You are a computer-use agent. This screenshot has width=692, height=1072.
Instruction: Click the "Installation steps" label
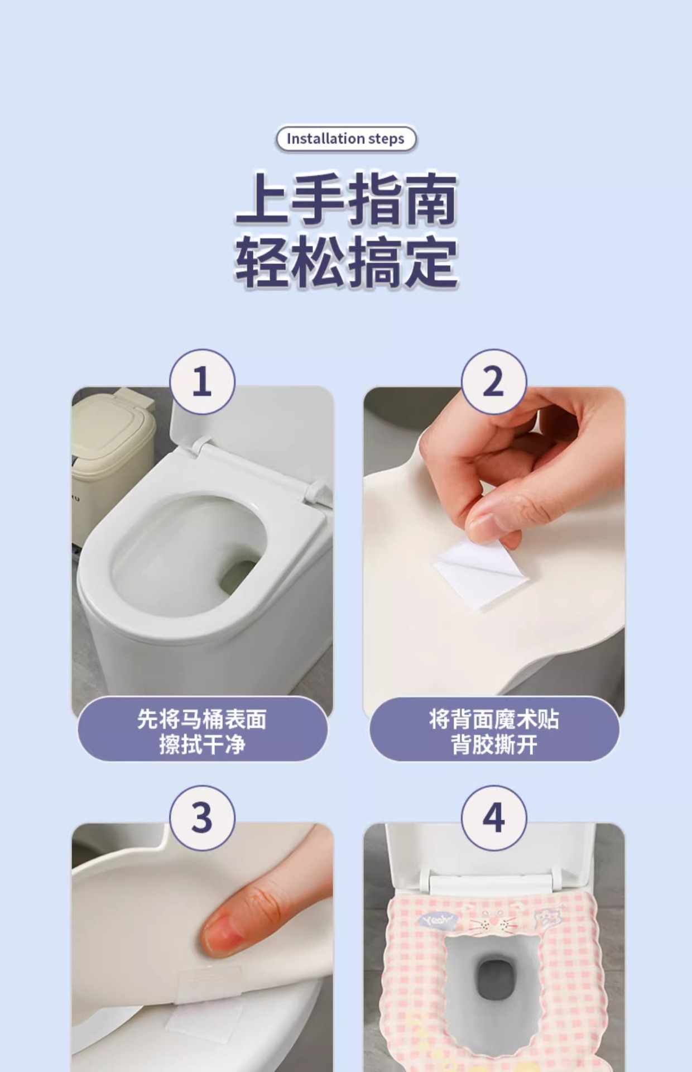click(x=346, y=138)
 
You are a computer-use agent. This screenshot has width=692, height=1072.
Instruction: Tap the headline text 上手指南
click(x=346, y=199)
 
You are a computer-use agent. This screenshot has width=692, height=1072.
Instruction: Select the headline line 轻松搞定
click(x=346, y=262)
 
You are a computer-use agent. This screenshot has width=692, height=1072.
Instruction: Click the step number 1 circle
click(x=202, y=382)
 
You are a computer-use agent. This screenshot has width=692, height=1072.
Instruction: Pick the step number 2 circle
click(x=493, y=382)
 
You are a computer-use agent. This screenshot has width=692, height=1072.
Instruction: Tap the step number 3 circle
click(x=202, y=818)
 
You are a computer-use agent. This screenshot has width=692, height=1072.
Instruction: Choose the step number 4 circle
click(x=493, y=818)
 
